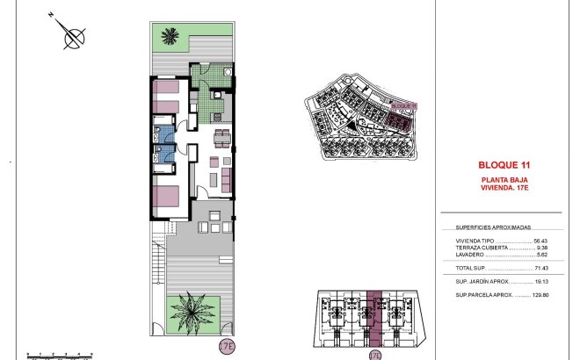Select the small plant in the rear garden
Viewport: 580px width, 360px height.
point(170,36)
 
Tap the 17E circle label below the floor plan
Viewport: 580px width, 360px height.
point(227,347)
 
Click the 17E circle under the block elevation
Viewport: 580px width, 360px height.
point(375,356)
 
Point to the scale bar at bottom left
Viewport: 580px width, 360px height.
point(60,354)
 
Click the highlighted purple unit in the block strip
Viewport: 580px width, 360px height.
point(375,316)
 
